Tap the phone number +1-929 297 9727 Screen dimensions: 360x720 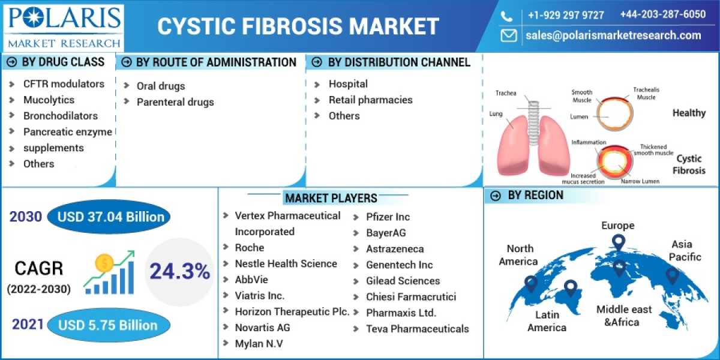point(565,15)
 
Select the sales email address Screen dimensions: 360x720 point(613,35)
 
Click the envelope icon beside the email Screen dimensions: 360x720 point(509,35)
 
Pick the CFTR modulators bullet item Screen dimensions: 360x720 point(63,84)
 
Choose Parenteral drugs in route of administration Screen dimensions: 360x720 point(175,102)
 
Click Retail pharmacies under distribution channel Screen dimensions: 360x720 point(370,100)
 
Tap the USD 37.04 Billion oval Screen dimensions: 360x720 point(108,217)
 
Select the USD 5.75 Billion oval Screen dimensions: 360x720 point(108,325)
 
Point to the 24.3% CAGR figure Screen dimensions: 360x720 point(179,272)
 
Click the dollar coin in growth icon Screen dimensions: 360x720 point(104,263)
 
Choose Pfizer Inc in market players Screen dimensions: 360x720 point(388,217)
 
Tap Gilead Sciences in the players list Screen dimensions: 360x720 point(403,281)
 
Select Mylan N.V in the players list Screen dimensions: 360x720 point(259,343)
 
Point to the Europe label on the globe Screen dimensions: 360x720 point(617,226)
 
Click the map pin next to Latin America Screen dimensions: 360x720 point(570,290)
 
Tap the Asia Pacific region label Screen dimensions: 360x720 point(685,250)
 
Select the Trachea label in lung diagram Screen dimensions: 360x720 point(505,93)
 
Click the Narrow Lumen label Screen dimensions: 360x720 point(640,181)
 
